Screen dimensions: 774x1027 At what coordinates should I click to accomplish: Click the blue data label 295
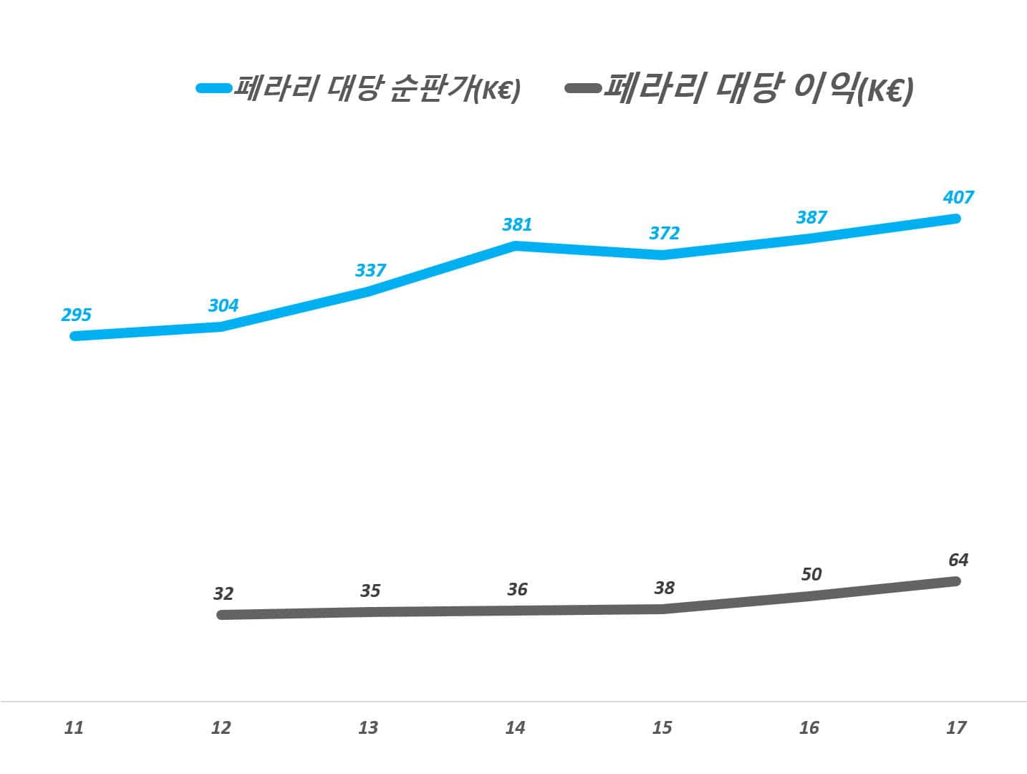tap(76, 315)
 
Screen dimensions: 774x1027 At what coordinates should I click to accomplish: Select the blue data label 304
tap(223, 305)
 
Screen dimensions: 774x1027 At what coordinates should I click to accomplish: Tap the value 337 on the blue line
tap(370, 270)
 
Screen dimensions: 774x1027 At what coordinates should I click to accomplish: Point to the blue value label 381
tap(517, 225)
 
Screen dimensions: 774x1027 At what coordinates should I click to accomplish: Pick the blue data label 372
tap(664, 233)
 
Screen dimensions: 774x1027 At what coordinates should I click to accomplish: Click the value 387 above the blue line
tap(811, 217)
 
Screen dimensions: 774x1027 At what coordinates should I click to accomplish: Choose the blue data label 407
tap(958, 197)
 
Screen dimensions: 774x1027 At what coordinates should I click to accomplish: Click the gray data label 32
tap(223, 593)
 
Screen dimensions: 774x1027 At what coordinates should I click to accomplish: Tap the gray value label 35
tap(370, 591)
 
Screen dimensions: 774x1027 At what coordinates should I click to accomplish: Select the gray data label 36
tap(517, 590)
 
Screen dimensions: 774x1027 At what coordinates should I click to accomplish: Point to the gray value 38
tap(664, 588)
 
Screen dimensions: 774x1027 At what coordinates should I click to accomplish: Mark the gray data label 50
tap(811, 574)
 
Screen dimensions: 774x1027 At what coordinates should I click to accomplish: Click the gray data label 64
tap(958, 560)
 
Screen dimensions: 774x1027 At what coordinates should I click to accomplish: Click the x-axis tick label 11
tap(74, 728)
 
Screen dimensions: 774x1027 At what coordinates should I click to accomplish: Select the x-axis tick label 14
tap(515, 728)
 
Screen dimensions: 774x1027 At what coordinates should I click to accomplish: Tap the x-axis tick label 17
tap(956, 728)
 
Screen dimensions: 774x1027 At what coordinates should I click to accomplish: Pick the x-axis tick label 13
tap(368, 728)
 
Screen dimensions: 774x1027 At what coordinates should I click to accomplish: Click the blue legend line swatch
tap(214, 88)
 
